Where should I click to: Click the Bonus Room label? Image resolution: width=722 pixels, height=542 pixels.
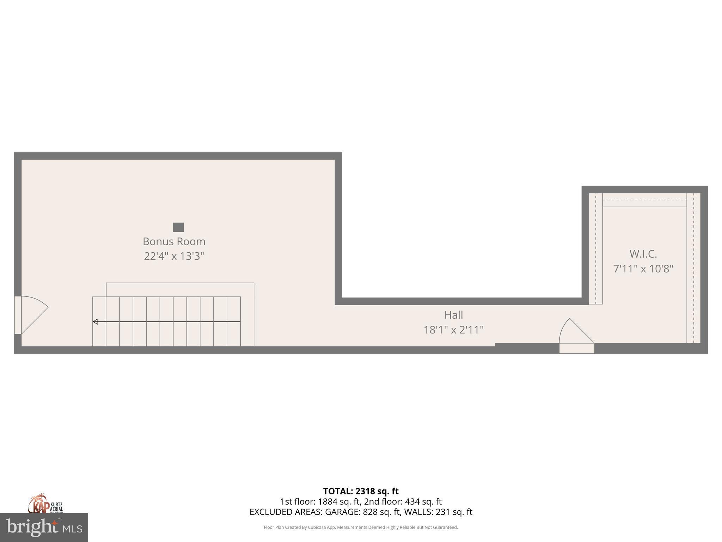pos(174,241)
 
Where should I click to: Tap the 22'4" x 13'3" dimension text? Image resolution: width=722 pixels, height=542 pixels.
pos(174,256)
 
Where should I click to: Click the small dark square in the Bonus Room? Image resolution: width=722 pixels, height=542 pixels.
pos(178,227)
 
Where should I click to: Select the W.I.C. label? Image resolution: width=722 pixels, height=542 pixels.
pos(643,254)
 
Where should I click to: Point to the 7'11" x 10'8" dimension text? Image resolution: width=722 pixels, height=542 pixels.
pos(643,269)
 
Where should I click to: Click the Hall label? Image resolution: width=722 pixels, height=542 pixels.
pos(453,315)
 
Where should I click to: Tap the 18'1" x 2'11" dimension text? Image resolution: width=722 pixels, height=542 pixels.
pos(453,330)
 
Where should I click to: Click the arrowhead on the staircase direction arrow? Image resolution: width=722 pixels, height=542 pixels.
pos(95,321)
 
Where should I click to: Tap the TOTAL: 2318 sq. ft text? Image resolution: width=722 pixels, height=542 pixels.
pos(361,491)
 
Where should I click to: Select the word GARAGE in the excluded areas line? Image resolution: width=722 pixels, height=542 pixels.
pos(345,512)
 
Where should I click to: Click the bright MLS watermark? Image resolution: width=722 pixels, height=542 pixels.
pos(44,527)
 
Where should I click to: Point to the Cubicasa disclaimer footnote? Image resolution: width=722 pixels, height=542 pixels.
pos(361,528)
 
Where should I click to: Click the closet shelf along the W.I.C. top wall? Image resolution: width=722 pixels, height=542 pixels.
pos(644,200)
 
